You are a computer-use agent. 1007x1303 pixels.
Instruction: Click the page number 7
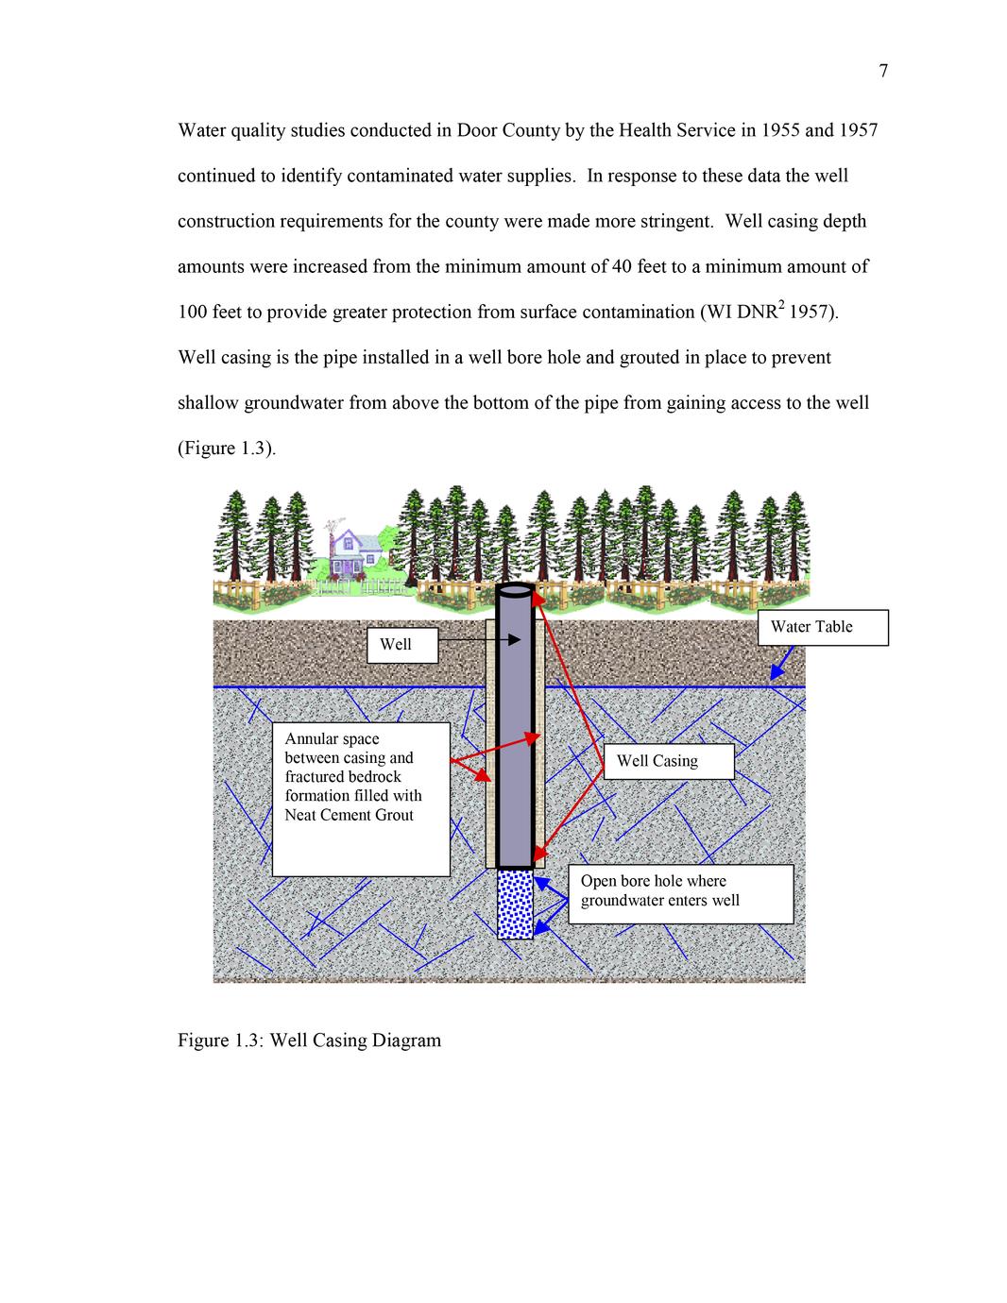click(883, 71)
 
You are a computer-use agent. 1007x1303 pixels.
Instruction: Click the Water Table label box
click(822, 627)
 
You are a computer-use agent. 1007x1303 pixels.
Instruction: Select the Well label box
click(402, 645)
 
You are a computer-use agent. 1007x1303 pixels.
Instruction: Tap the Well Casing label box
click(668, 761)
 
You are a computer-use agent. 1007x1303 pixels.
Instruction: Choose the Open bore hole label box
click(680, 893)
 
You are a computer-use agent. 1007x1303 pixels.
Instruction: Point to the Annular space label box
click(360, 799)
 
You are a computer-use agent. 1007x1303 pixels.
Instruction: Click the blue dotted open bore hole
click(515, 905)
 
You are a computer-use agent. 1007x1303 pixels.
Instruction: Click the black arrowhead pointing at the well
click(514, 640)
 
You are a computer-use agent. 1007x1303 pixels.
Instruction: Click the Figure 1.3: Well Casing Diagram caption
click(309, 1041)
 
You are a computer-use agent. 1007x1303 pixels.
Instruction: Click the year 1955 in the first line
click(779, 130)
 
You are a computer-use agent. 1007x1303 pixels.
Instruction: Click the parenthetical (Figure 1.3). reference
click(227, 448)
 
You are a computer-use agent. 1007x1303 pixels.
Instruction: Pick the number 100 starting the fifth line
click(193, 313)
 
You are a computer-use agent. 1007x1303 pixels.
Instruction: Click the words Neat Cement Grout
click(349, 815)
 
